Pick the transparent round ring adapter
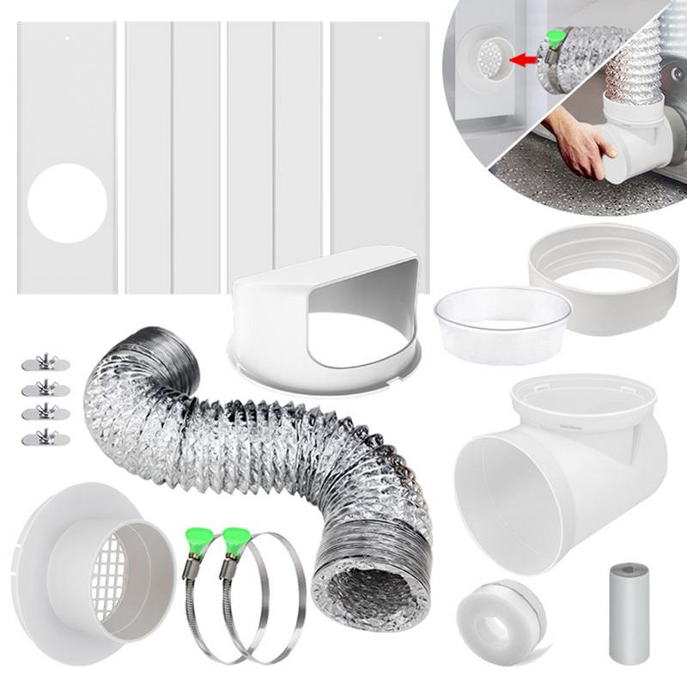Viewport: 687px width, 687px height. point(502,322)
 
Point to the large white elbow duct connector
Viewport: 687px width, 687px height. point(558,468)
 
